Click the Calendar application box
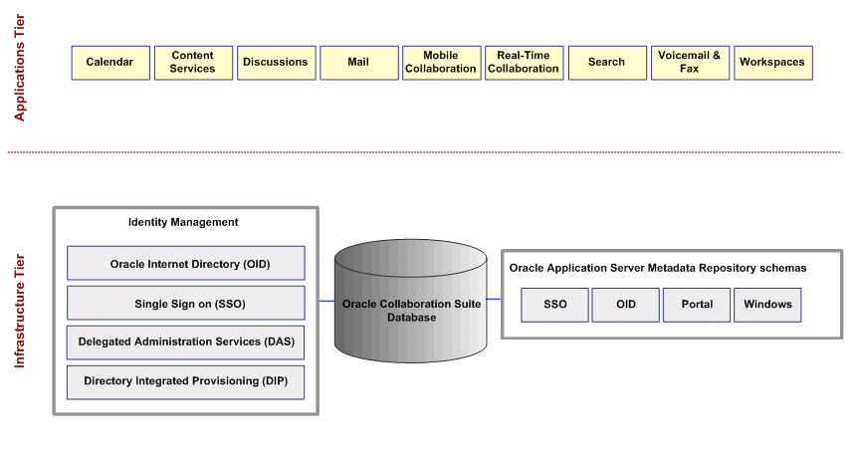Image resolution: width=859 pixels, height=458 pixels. coord(109,63)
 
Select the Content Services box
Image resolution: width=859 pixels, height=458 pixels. coord(192,63)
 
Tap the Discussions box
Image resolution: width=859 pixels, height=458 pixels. coord(276,63)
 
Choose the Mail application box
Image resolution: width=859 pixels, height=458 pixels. coord(358,63)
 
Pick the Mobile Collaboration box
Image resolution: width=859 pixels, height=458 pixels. coord(441,63)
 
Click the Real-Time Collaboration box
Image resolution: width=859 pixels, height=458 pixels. coord(524,63)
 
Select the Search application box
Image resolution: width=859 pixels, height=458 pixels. coord(606,63)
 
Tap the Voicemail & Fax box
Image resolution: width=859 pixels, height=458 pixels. coord(690,63)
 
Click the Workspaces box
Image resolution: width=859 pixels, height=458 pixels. coord(772,63)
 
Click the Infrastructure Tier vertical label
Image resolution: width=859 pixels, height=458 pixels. coord(19,310)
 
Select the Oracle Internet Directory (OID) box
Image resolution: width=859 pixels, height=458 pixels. coord(186,264)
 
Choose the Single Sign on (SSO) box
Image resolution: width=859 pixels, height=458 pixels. coord(186,304)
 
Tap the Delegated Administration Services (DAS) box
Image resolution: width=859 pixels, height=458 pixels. coord(186,342)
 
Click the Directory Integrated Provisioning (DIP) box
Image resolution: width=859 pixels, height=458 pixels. coord(186,381)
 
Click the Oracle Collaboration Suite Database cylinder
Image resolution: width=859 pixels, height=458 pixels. coord(410,310)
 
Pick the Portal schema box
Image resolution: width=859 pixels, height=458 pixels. coord(697,305)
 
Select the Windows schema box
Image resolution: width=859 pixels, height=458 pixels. coord(767,305)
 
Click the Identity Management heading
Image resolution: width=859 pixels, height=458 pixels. coord(183,222)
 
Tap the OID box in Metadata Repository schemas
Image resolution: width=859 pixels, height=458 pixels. coord(626,305)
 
